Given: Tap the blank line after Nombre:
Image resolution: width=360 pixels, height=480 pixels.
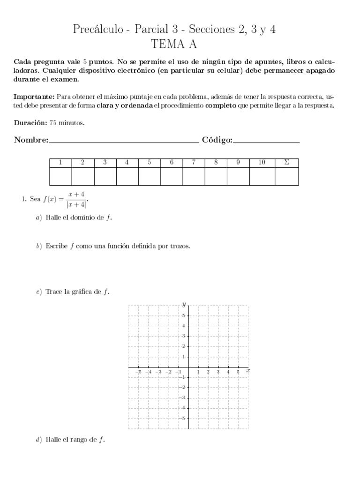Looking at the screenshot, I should pyautogui.click(x=123, y=140).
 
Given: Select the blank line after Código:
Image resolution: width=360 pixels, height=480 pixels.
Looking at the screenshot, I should pyautogui.click(x=266, y=140).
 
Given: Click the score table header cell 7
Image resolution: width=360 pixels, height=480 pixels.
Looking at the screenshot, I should pyautogui.click(x=194, y=163).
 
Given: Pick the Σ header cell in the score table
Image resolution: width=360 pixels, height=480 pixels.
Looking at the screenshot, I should pyautogui.click(x=286, y=163).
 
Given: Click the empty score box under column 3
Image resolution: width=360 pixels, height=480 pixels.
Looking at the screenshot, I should pyautogui.click(x=105, y=176).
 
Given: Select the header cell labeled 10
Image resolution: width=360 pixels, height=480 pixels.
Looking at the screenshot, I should pyautogui.click(x=262, y=163).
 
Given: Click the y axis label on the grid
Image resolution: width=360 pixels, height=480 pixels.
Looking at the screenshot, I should pyautogui.click(x=184, y=305).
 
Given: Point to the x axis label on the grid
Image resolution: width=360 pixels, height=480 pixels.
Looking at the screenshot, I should pyautogui.click(x=247, y=370).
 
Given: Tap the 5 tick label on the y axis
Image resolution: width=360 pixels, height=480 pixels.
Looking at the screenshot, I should pyautogui.click(x=183, y=315).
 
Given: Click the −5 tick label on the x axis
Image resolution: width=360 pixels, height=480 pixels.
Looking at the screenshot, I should pyautogui.click(x=138, y=372).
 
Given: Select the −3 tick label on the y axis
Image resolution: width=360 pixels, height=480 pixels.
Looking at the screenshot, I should pyautogui.click(x=183, y=398).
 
